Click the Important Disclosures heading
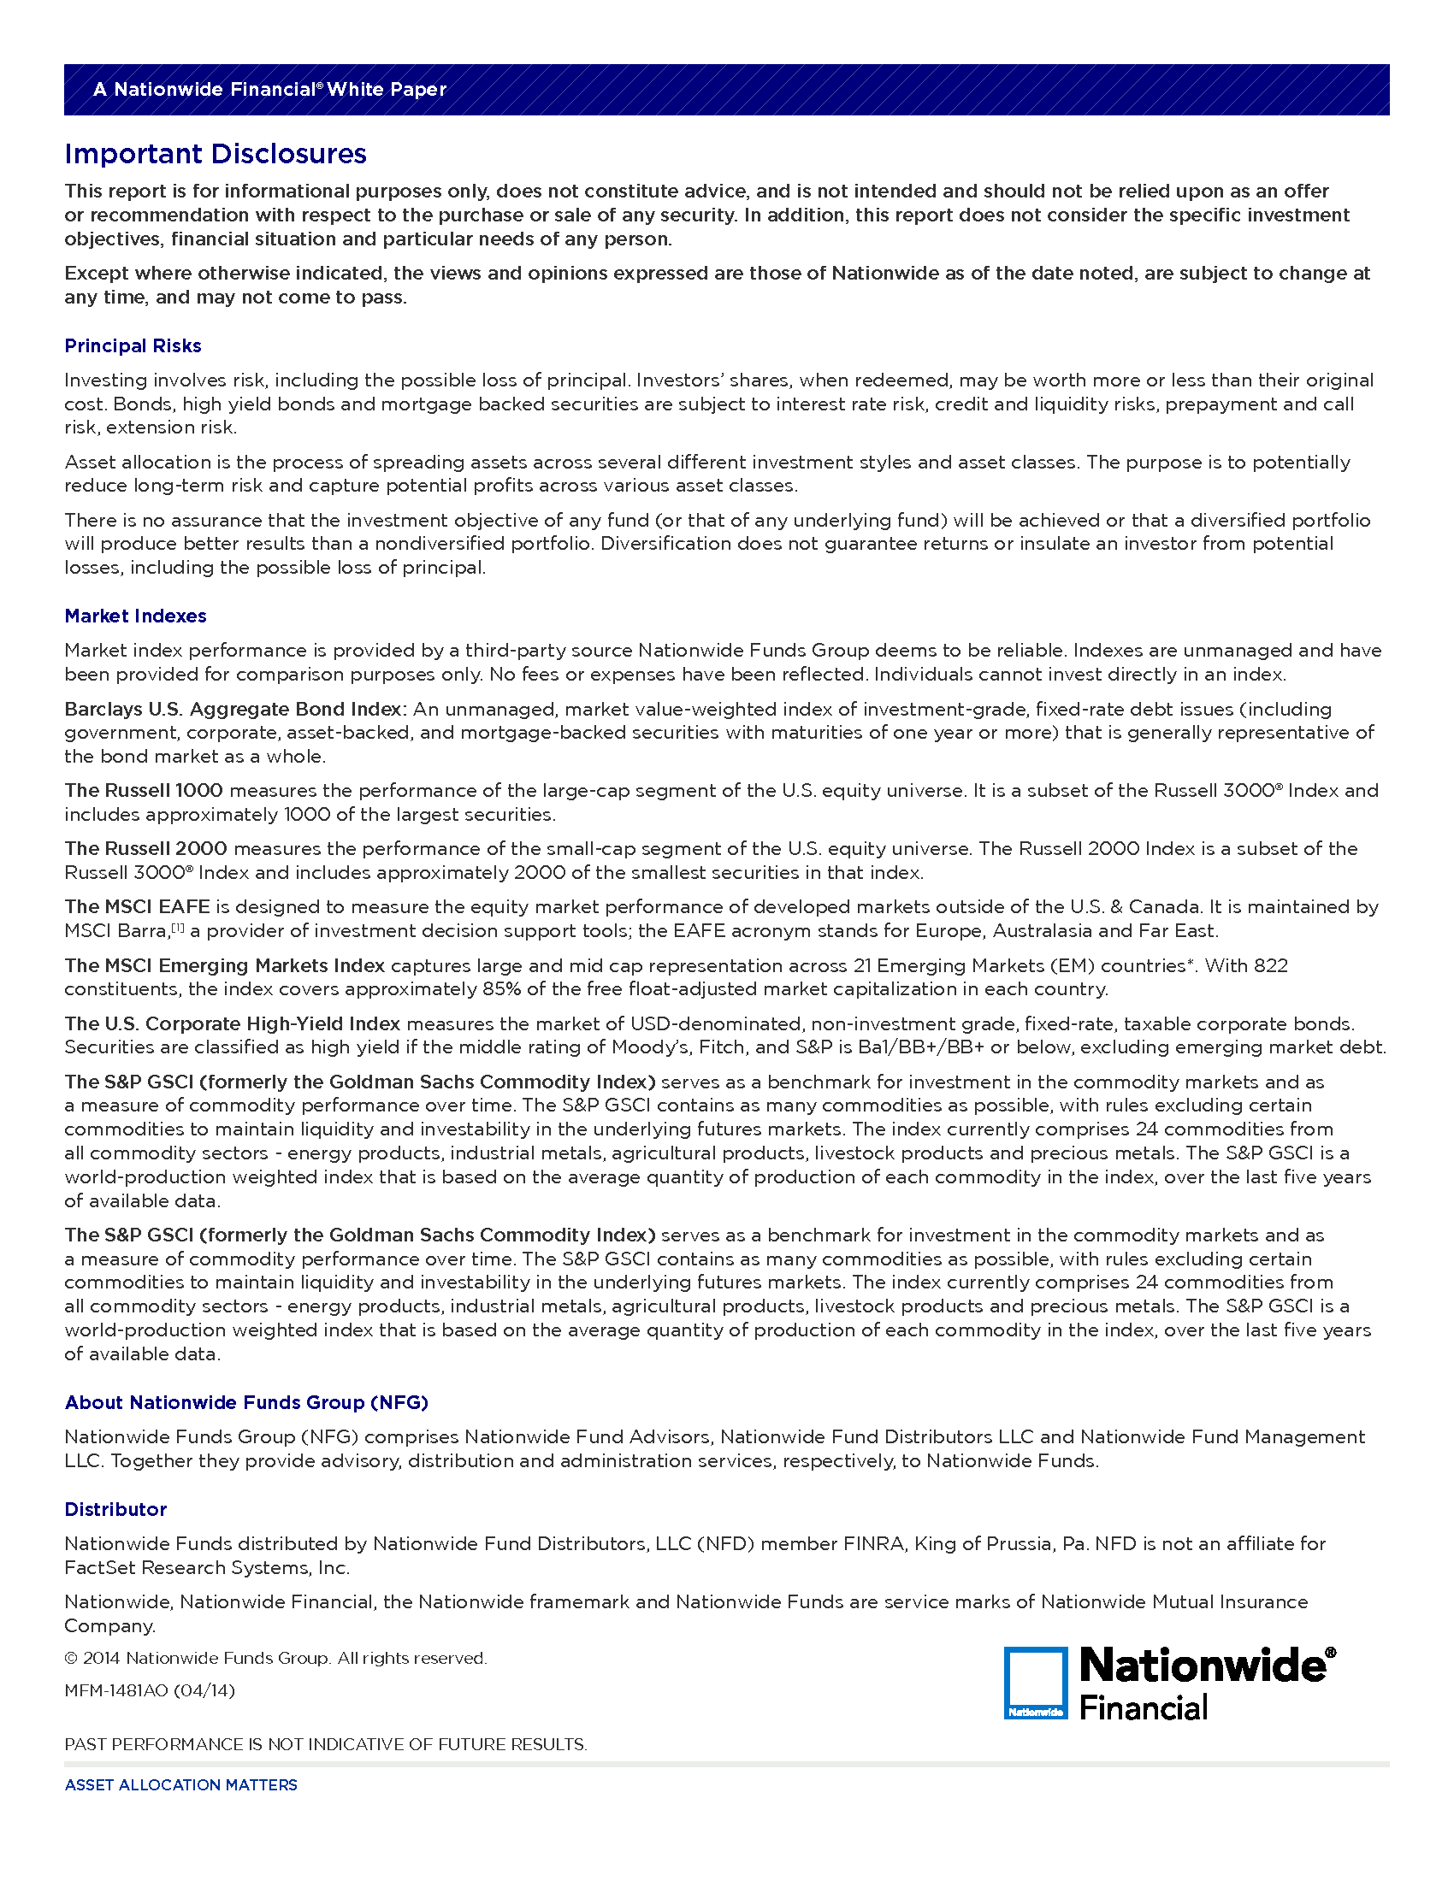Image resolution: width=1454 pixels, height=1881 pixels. click(216, 154)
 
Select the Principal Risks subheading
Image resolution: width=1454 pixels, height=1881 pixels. click(133, 346)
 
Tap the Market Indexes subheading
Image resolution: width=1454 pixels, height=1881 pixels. click(135, 616)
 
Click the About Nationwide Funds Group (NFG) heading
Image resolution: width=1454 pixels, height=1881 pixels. click(246, 1403)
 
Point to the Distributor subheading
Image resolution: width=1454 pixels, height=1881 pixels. click(115, 1510)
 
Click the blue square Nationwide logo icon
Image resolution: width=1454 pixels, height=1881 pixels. click(1036, 1683)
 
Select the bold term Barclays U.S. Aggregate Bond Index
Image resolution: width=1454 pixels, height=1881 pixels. click(233, 710)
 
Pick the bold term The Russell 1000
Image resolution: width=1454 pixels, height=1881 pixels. click(144, 791)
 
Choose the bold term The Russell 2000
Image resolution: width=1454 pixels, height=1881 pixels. click(145, 849)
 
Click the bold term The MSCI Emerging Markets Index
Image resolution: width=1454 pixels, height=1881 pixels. click(225, 966)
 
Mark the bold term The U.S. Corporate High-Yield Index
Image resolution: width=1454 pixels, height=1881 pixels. click(233, 1024)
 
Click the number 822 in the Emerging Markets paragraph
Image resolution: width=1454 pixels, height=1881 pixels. click(1270, 966)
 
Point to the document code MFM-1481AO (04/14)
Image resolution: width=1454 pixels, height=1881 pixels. click(149, 1690)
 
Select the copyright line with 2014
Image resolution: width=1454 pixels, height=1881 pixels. click(275, 1659)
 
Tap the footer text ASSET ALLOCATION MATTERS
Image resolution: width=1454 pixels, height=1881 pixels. click(180, 1785)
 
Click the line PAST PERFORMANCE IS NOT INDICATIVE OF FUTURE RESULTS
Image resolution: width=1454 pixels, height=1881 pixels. click(326, 1745)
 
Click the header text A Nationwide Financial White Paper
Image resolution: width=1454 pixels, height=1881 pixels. click(269, 90)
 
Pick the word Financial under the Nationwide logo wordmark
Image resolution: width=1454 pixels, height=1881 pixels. click(1143, 1708)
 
